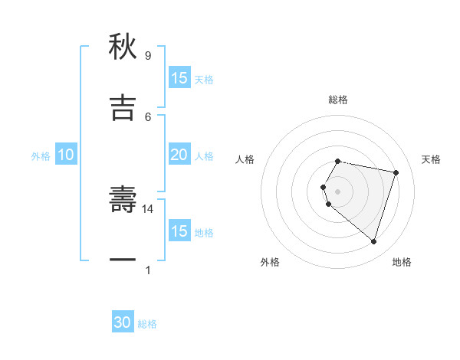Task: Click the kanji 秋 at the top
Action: point(123,47)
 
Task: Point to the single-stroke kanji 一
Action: point(123,260)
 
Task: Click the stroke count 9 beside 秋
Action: point(147,56)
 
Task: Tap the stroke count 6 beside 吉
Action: point(147,116)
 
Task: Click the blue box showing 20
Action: point(179,155)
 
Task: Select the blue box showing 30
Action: point(123,322)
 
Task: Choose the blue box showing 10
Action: point(66,155)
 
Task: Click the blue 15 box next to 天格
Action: point(179,78)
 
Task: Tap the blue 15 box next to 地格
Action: point(179,231)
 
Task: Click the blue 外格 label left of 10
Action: point(41,156)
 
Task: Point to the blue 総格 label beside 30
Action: point(147,324)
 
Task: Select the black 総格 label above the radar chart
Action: point(338,100)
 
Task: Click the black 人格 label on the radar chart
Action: point(245,159)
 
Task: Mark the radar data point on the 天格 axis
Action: point(396,173)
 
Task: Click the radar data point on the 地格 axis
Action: point(373,241)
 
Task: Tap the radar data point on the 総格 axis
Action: point(338,162)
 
